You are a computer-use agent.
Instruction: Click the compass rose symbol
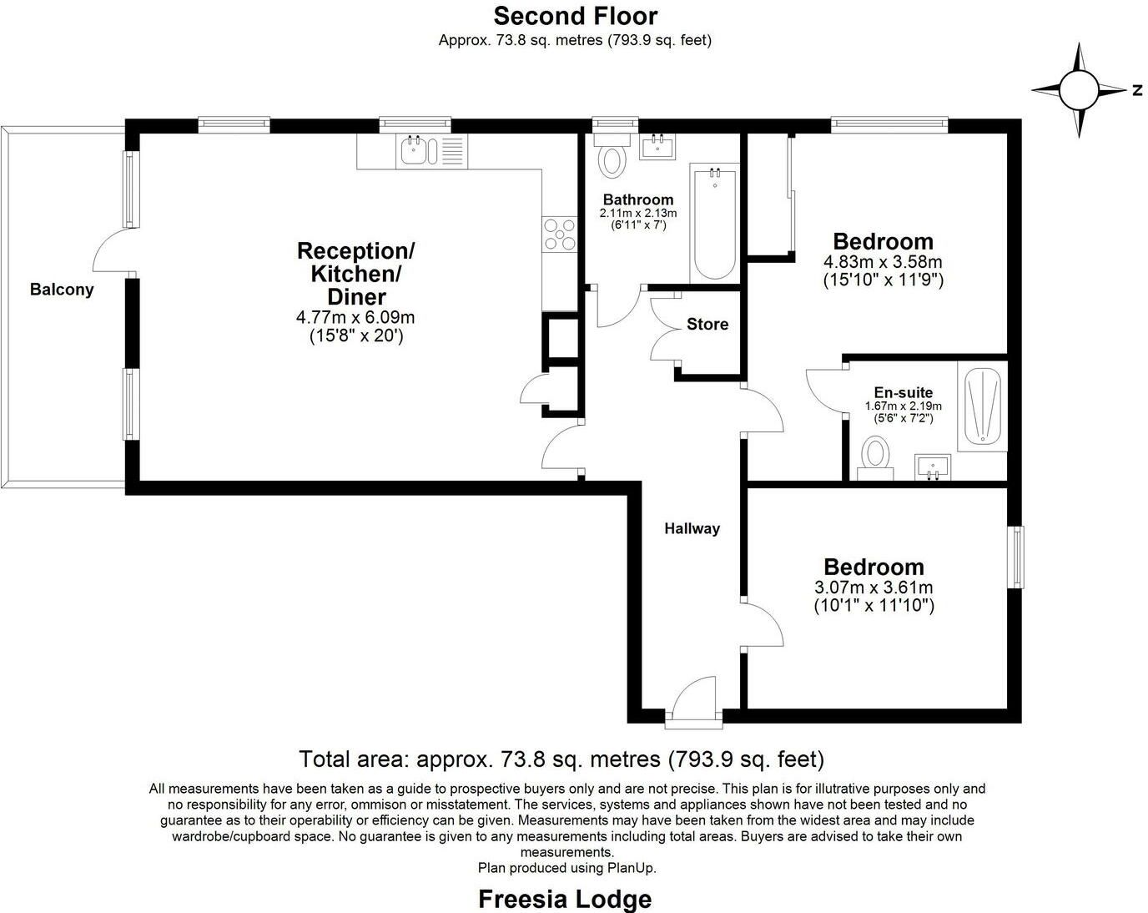[1079, 90]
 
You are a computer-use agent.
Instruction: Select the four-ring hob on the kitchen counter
[560, 235]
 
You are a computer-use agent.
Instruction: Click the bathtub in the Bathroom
[714, 224]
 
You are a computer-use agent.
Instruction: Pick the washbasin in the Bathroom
[657, 146]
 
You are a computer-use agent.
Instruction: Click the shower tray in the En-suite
[983, 406]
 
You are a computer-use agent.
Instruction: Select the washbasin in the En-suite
[933, 467]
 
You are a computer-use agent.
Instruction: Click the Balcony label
[62, 290]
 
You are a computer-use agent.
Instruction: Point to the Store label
[707, 324]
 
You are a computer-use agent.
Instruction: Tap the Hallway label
[692, 528]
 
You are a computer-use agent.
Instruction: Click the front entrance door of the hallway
[693, 701]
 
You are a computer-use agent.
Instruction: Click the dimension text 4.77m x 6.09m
[355, 317]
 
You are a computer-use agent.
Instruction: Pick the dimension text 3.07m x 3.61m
[874, 588]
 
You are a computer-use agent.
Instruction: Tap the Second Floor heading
[575, 16]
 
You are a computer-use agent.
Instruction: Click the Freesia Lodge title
[565, 899]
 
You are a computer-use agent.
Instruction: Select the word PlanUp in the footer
[631, 868]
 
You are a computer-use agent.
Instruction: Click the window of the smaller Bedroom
[1015, 557]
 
